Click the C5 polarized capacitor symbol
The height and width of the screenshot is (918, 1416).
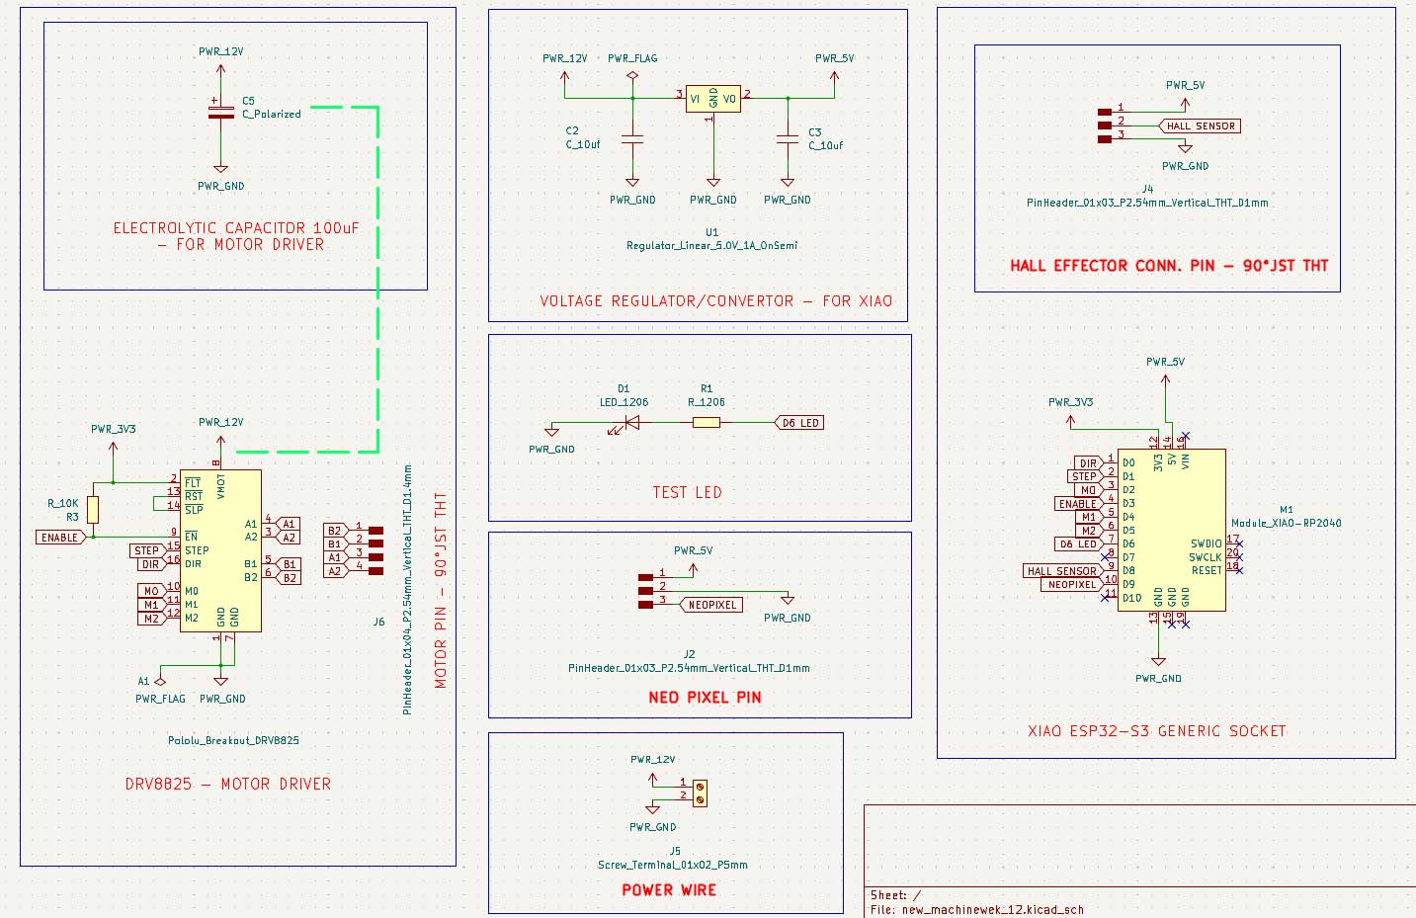click(220, 110)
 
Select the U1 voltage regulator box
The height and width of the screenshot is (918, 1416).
click(712, 98)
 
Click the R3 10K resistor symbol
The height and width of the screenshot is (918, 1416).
click(93, 510)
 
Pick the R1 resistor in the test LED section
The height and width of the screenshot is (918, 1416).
click(706, 423)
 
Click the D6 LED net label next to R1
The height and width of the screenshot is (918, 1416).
click(799, 423)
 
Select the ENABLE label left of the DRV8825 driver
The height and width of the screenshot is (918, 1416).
click(59, 538)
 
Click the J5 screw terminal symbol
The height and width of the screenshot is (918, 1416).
click(700, 793)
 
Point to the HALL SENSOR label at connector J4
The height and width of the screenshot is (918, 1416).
click(1200, 126)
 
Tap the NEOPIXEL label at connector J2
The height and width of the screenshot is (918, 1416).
click(711, 605)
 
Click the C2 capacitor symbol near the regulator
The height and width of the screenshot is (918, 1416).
click(632, 140)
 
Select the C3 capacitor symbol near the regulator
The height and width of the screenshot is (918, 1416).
click(788, 140)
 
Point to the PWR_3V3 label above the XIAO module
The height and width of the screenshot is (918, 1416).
click(1070, 402)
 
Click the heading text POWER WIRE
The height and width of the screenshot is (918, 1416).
click(669, 890)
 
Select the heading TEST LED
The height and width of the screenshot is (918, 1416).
click(687, 492)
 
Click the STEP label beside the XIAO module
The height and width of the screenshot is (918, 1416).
click(1084, 476)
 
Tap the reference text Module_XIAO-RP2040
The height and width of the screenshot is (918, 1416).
click(1286, 523)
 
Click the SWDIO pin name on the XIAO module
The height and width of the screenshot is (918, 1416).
click(1206, 543)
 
